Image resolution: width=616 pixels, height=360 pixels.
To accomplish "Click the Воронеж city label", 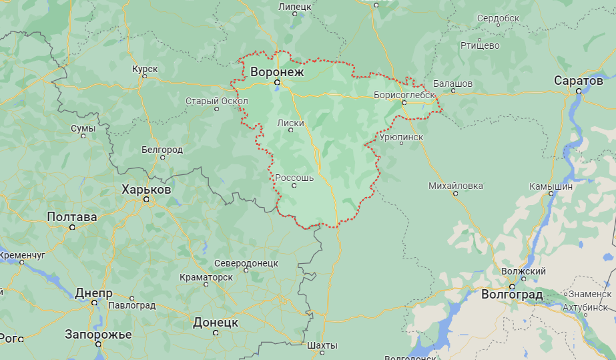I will pyautogui.click(x=277, y=71).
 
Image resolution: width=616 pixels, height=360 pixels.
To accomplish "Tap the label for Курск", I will pyautogui.click(x=145, y=68).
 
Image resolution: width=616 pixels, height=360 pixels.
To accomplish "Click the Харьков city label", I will pyautogui.click(x=146, y=190).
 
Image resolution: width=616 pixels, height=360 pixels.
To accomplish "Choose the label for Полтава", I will pyautogui.click(x=72, y=217).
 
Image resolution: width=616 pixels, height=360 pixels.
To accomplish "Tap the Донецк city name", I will pyautogui.click(x=216, y=322).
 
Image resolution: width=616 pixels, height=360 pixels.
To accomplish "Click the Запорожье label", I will pyautogui.click(x=98, y=334).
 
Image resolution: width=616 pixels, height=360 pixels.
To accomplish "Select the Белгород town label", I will pyautogui.click(x=162, y=150).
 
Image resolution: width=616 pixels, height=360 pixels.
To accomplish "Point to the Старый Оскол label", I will pyautogui.click(x=217, y=101).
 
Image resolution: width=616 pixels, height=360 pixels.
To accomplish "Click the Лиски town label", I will pyautogui.click(x=290, y=122).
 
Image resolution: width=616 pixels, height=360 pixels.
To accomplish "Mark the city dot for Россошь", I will pyautogui.click(x=294, y=186).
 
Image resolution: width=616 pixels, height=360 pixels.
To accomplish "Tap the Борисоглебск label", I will pyautogui.click(x=404, y=95).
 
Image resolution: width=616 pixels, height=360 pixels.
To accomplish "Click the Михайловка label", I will pyautogui.click(x=456, y=186).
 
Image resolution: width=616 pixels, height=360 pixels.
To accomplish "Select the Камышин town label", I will pyautogui.click(x=551, y=186).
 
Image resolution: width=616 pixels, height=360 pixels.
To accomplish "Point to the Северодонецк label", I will pyautogui.click(x=246, y=263).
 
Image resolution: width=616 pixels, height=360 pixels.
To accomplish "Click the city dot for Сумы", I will pyautogui.click(x=83, y=136).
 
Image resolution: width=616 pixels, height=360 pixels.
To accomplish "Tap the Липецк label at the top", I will pyautogui.click(x=294, y=6).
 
